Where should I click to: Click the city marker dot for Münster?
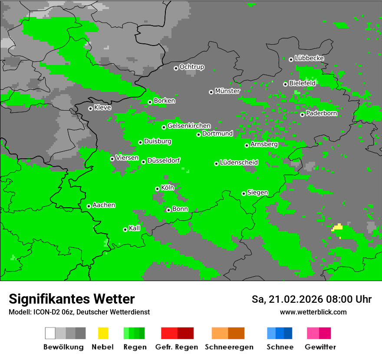click(211, 92)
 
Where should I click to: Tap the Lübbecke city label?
click(310, 58)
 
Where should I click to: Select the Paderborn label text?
click(322, 114)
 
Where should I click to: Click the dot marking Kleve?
click(90, 108)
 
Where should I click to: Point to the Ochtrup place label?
click(192, 67)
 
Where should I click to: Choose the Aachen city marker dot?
click(89, 206)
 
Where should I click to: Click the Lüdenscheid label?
click(239, 163)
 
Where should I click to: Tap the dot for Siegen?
click(244, 193)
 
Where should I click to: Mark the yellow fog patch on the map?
click(338, 227)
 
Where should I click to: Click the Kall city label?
click(135, 228)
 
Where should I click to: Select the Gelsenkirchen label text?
click(189, 126)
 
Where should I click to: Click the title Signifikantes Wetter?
click(72, 299)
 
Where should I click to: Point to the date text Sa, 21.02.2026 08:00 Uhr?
click(312, 299)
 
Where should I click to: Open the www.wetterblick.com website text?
click(313, 312)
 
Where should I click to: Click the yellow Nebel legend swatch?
click(103, 333)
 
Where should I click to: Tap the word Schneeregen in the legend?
click(229, 347)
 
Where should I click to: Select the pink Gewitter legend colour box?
click(313, 333)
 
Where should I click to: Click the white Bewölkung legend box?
click(50, 333)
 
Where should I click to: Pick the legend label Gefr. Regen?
click(177, 347)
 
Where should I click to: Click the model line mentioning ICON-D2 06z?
click(79, 312)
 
